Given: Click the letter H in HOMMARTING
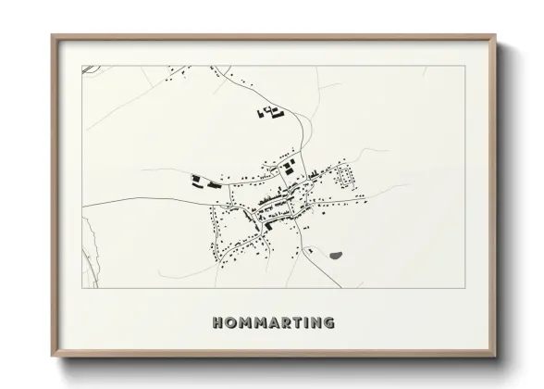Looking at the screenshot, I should tap(217, 323).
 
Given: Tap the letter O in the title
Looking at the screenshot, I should tap(230, 323).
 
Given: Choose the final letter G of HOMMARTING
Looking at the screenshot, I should tap(328, 323).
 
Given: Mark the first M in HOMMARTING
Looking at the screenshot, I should tap(244, 323).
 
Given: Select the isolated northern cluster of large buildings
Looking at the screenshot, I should tap(269, 114).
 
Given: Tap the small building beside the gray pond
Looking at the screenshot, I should tap(311, 248).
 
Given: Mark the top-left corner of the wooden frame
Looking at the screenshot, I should tap(53, 36).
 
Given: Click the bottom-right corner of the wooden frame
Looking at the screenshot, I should tap(495, 353).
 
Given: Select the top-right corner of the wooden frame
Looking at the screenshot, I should tap(495, 36).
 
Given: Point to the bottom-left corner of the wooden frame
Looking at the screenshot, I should tap(53, 353).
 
